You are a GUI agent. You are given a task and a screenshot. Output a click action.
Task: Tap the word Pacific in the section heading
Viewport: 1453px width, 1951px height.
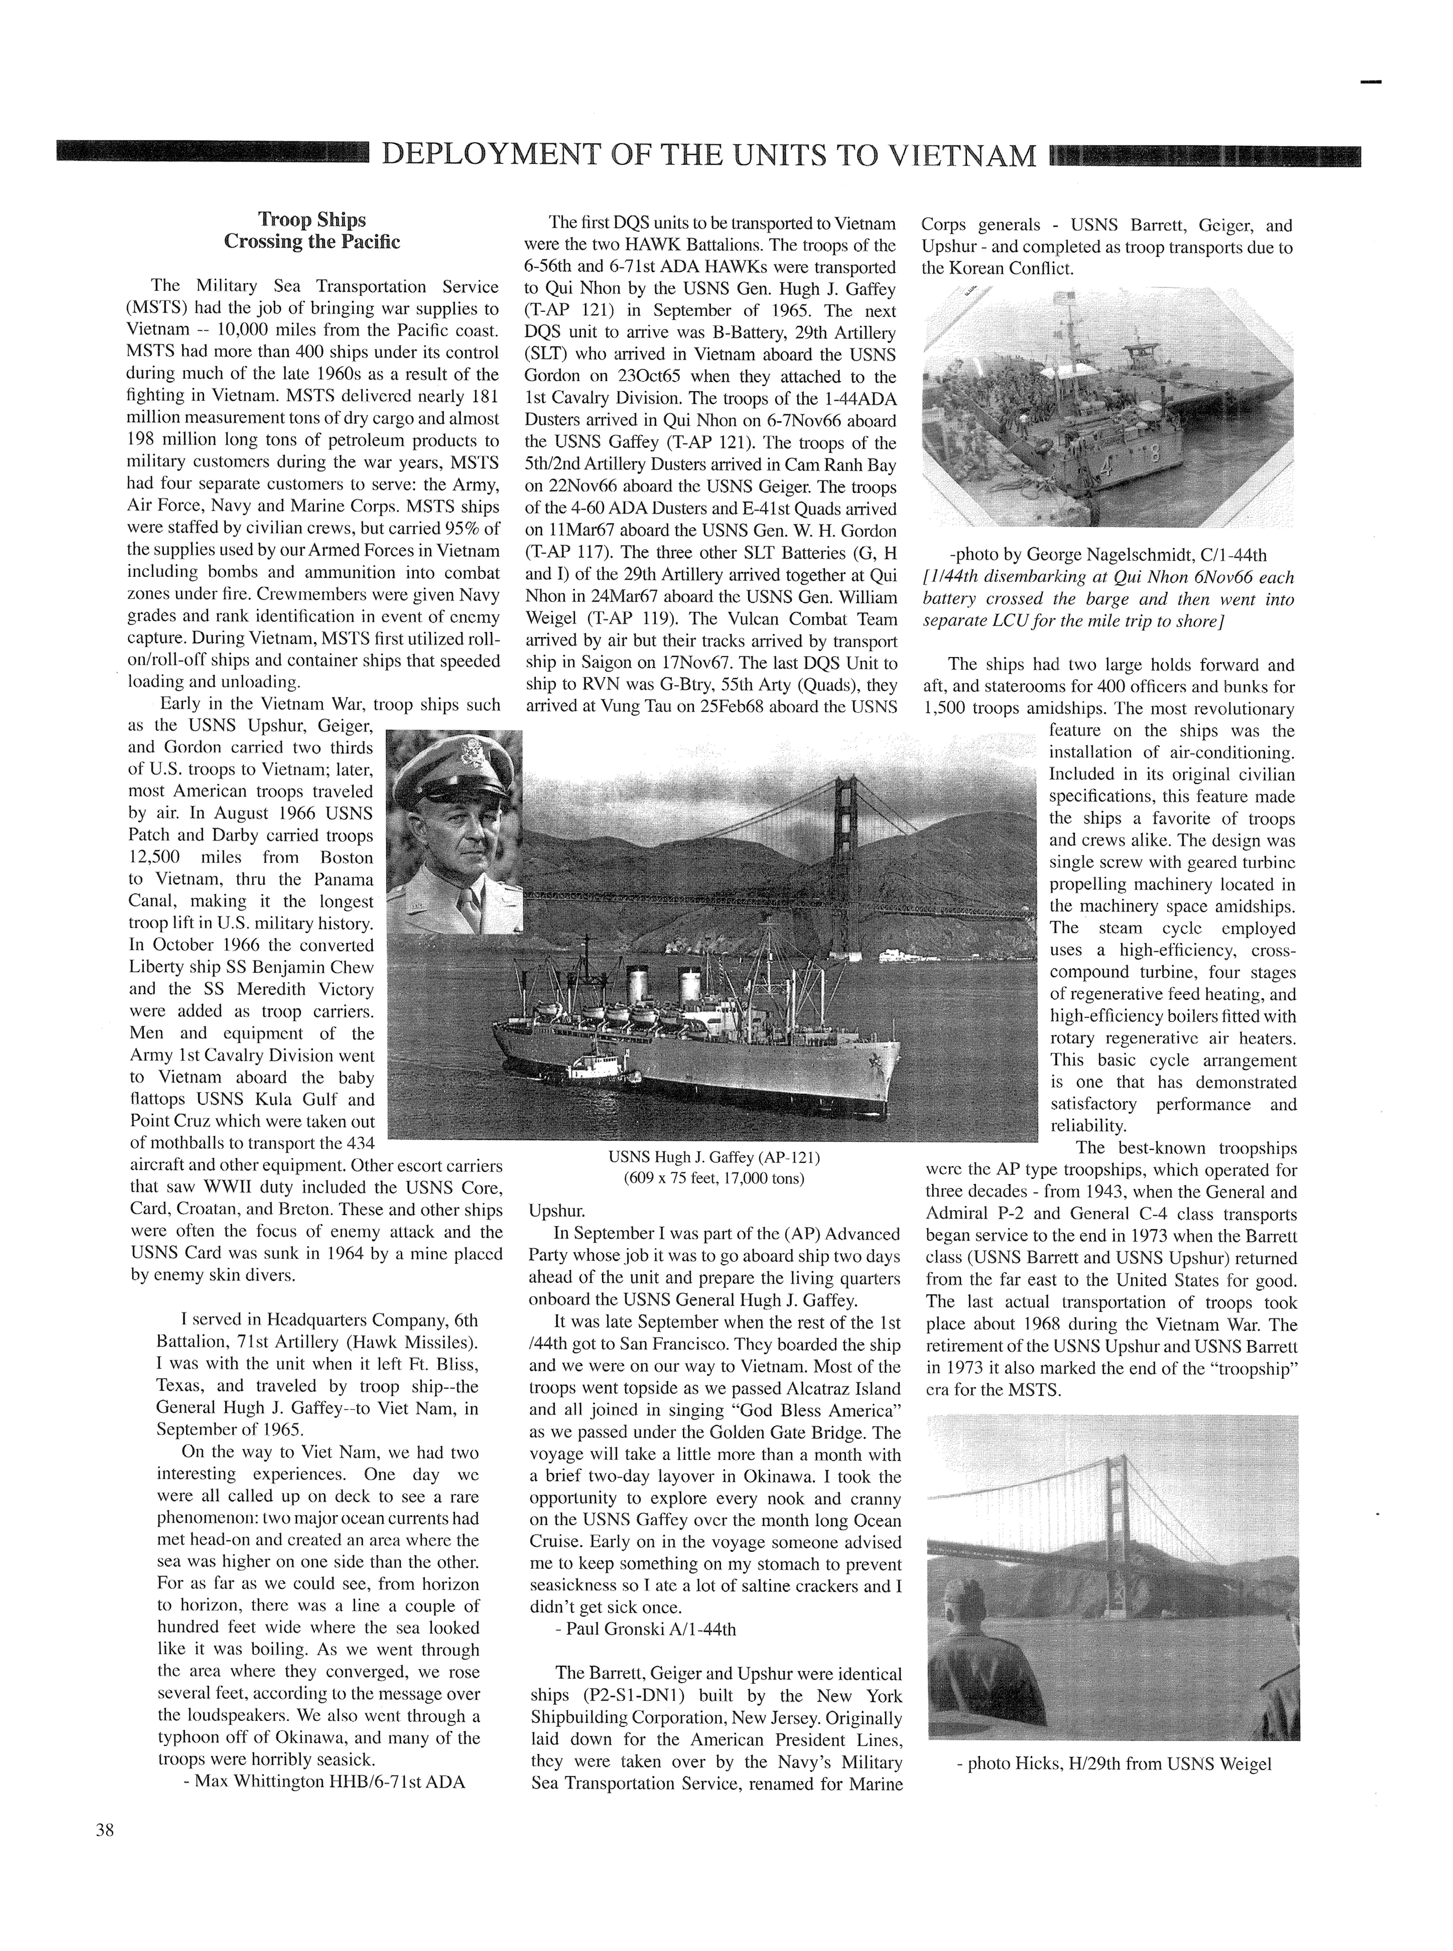click(x=365, y=242)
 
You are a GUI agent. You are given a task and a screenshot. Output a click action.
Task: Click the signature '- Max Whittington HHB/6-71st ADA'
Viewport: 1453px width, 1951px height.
click(x=323, y=1781)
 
